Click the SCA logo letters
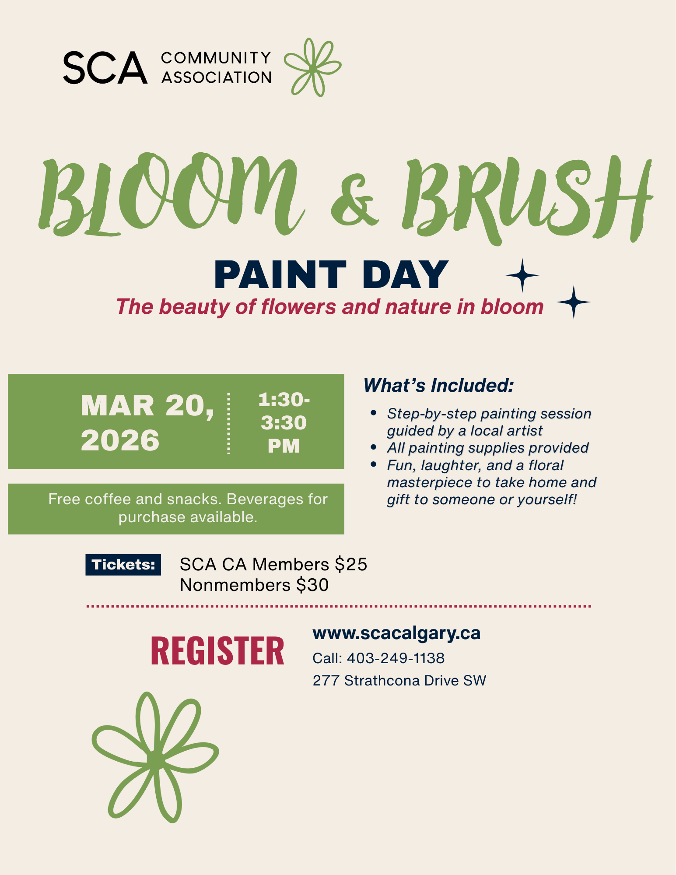point(105,67)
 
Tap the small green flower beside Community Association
point(312,68)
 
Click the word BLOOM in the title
point(171,195)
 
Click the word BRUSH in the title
point(525,197)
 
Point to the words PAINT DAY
point(331,275)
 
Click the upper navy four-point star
point(522,275)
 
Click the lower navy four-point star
point(574,302)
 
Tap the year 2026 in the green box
point(120,440)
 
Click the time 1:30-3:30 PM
point(284,423)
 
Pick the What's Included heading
point(438,386)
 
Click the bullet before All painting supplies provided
point(373,447)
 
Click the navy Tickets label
point(123,565)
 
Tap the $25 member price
point(351,565)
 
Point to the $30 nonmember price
point(312,585)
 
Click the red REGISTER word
point(217,651)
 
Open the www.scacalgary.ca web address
point(396,633)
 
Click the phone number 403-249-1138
point(396,658)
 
